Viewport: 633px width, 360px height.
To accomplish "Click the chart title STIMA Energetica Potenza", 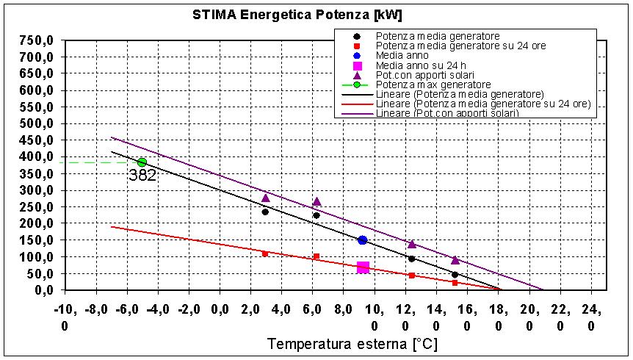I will pyautogui.click(x=297, y=15).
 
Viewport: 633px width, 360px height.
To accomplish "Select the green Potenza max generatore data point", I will pyautogui.click(x=142, y=162).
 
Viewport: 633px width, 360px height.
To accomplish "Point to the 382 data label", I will pyautogui.click(x=142, y=176).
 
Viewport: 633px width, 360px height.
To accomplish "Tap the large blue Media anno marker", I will pyautogui.click(x=362, y=240).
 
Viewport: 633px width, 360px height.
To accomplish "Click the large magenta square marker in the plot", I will pyautogui.click(x=363, y=267).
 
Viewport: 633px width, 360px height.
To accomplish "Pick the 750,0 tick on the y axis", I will pyautogui.click(x=37, y=40).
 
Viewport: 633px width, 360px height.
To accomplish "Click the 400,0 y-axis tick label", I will pyautogui.click(x=37, y=156).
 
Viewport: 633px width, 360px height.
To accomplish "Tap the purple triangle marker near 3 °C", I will pyautogui.click(x=266, y=198).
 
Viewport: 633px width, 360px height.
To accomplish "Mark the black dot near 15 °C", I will pyautogui.click(x=455, y=274).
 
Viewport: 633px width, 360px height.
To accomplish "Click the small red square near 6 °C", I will pyautogui.click(x=316, y=256).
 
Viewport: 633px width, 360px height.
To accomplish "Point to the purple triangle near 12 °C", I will pyautogui.click(x=411, y=244).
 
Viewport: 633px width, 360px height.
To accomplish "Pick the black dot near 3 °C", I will pyautogui.click(x=265, y=212).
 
